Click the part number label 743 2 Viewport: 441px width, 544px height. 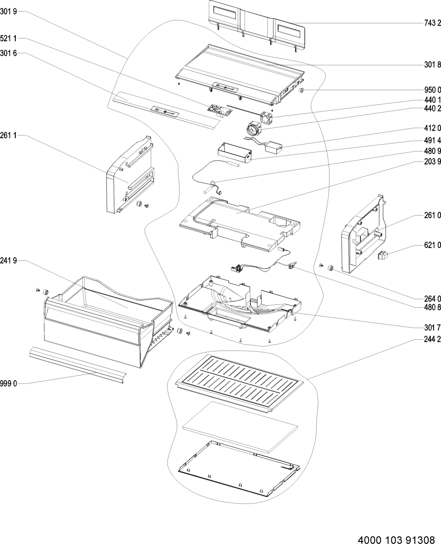433,23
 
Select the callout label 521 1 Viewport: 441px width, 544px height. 8,38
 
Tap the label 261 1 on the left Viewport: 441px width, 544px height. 8,135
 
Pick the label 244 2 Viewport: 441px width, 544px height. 433,339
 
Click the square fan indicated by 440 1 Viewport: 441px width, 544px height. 267,118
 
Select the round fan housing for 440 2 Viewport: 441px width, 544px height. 254,128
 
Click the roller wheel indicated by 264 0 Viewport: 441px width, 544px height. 331,268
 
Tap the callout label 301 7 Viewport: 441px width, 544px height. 433,327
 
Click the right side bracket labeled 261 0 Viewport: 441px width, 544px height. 363,234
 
